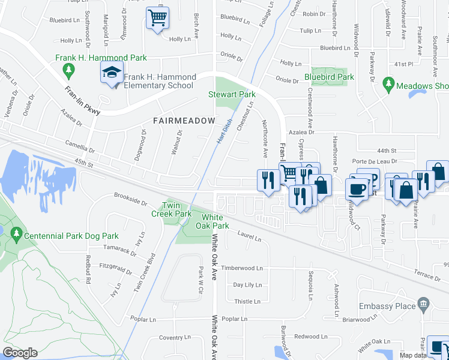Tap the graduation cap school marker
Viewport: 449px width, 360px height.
tap(112, 73)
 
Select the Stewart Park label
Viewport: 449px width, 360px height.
tap(232, 94)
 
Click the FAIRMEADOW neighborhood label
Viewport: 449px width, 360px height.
tap(184, 121)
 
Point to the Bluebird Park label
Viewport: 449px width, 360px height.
tap(329, 77)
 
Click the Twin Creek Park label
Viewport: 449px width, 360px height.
tap(171, 209)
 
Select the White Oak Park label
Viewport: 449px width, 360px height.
tap(215, 221)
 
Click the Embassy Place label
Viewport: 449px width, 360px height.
tap(387, 306)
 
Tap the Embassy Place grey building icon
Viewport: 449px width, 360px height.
tap(424, 303)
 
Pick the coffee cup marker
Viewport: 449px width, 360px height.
tap(358, 189)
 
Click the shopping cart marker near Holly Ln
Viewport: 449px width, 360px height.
tap(157, 17)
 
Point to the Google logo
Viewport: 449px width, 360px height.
tap(20, 353)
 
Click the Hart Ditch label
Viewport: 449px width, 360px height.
tap(224, 131)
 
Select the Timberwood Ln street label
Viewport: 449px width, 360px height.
tap(242, 268)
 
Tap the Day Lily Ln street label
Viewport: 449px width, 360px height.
tap(247, 285)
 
